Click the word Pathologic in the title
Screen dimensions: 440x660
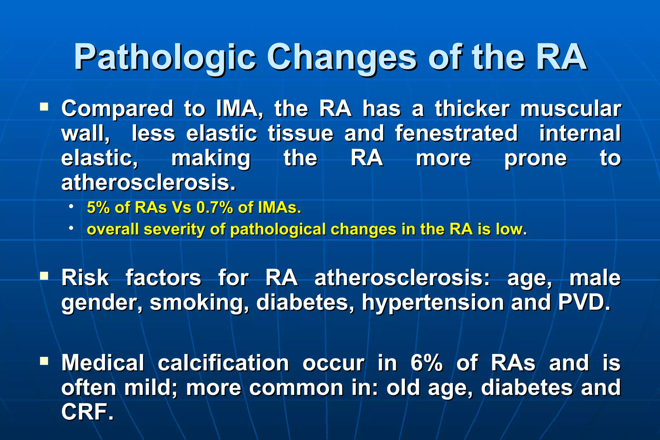(x=165, y=57)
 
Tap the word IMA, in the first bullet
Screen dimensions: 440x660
(x=239, y=109)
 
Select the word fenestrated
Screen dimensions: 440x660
(x=456, y=133)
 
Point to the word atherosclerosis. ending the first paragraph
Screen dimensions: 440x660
(x=148, y=183)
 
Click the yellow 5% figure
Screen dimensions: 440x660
(x=98, y=207)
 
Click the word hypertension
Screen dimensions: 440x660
(x=432, y=303)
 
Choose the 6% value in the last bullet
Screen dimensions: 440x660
(x=426, y=363)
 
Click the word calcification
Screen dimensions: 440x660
(x=223, y=363)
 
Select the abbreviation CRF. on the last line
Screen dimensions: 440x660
(x=87, y=412)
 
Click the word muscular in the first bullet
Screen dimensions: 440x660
(x=570, y=109)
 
